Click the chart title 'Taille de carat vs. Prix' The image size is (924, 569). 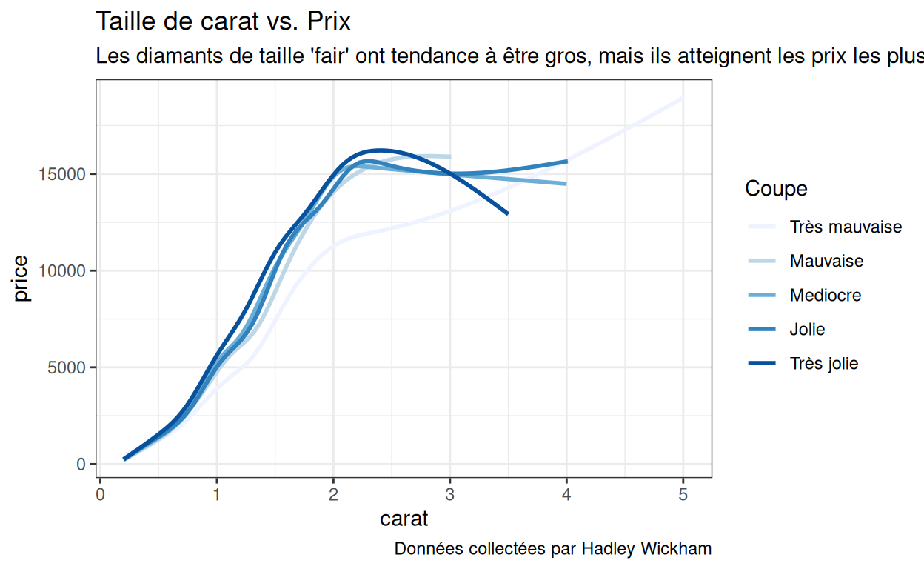tap(224, 21)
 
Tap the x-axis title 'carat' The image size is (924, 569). tap(404, 519)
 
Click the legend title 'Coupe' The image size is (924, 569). tap(776, 189)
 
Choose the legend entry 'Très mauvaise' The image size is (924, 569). tap(846, 227)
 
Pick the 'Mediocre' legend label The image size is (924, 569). tap(825, 296)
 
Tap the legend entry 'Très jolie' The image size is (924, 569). tap(823, 364)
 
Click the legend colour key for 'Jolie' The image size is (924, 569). tap(762, 330)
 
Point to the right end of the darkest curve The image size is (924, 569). tap(507, 213)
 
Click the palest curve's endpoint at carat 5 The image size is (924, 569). tap(682, 98)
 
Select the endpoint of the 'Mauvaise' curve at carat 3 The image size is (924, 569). tap(449, 156)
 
